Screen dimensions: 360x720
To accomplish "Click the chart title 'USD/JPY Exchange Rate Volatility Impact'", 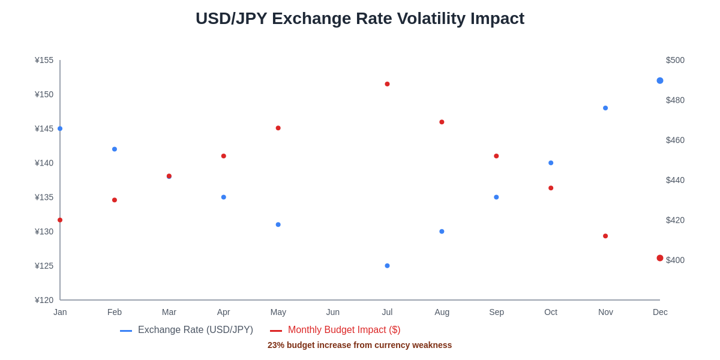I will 360,19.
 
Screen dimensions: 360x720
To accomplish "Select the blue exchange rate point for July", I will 387,266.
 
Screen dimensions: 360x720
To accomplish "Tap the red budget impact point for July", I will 387,84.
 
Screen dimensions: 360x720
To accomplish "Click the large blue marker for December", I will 660,80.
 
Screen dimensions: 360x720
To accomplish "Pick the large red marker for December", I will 660,258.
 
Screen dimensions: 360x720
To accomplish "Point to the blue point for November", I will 605,108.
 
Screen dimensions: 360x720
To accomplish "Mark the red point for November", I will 605,236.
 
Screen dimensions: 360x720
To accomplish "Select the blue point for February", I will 115,149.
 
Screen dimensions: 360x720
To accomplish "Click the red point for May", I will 278,128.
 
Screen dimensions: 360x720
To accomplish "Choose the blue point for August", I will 442,232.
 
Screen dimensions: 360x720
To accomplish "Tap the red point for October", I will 551,188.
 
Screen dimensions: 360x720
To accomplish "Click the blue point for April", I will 224,197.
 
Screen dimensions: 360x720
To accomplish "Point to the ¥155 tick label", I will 44,60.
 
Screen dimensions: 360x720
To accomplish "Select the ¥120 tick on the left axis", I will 44,300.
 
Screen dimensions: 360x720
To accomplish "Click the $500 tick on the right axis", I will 675,60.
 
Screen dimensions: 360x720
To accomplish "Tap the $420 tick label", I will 675,220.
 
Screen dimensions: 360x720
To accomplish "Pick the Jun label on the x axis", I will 332,312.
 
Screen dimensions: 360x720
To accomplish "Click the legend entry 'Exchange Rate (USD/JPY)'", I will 195,330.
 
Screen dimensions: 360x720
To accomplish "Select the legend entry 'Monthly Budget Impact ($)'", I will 344,330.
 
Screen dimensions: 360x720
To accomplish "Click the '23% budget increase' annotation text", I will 359,345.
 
